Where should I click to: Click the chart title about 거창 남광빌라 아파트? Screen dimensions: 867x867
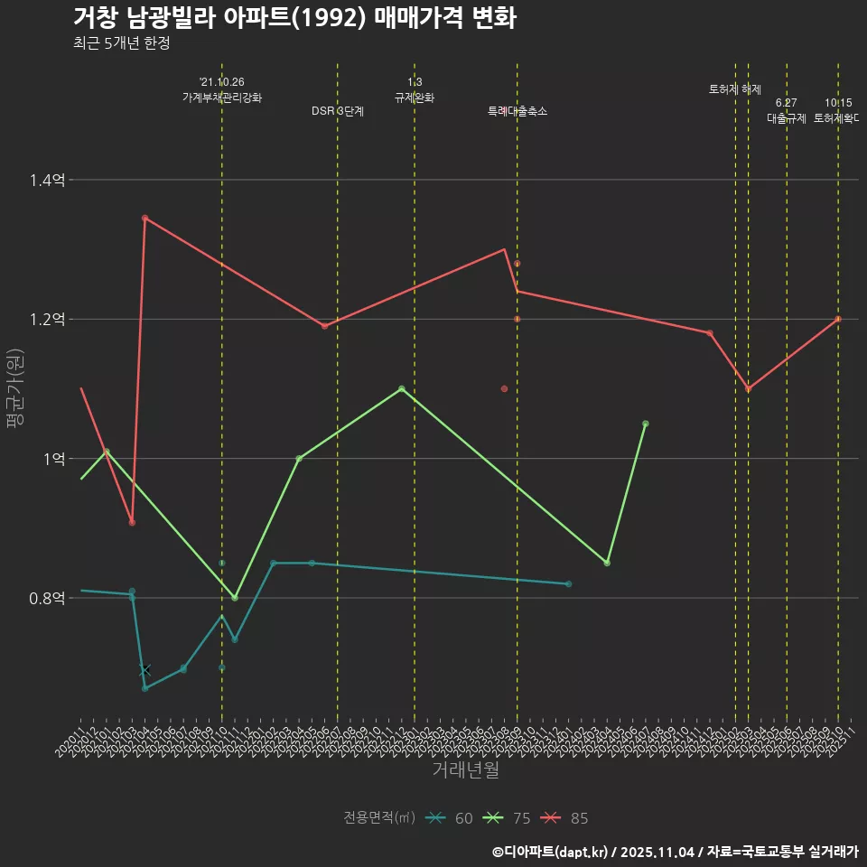[x=294, y=18]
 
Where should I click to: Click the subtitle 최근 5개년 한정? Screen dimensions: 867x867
[x=122, y=42]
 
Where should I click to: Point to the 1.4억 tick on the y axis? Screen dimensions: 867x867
[x=46, y=181]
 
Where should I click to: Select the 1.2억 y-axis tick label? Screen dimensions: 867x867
[x=46, y=320]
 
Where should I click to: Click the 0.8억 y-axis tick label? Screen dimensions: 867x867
[x=46, y=598]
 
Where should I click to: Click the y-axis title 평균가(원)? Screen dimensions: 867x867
[x=15, y=388]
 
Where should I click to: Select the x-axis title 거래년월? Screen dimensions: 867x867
[x=465, y=769]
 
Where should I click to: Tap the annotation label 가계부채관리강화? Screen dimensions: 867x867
[x=222, y=98]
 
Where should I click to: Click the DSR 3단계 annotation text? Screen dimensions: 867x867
[x=338, y=111]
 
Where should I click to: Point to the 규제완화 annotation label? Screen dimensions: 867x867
[x=415, y=98]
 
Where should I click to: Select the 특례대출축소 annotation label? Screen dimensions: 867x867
[x=517, y=111]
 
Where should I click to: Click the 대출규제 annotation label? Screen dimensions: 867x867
[x=787, y=118]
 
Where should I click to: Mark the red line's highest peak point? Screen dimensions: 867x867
[x=144, y=218]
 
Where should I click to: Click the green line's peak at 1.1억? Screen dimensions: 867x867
[x=402, y=389]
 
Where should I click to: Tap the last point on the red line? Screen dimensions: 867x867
[x=838, y=319]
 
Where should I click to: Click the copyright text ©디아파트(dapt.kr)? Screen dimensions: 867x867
[x=553, y=852]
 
